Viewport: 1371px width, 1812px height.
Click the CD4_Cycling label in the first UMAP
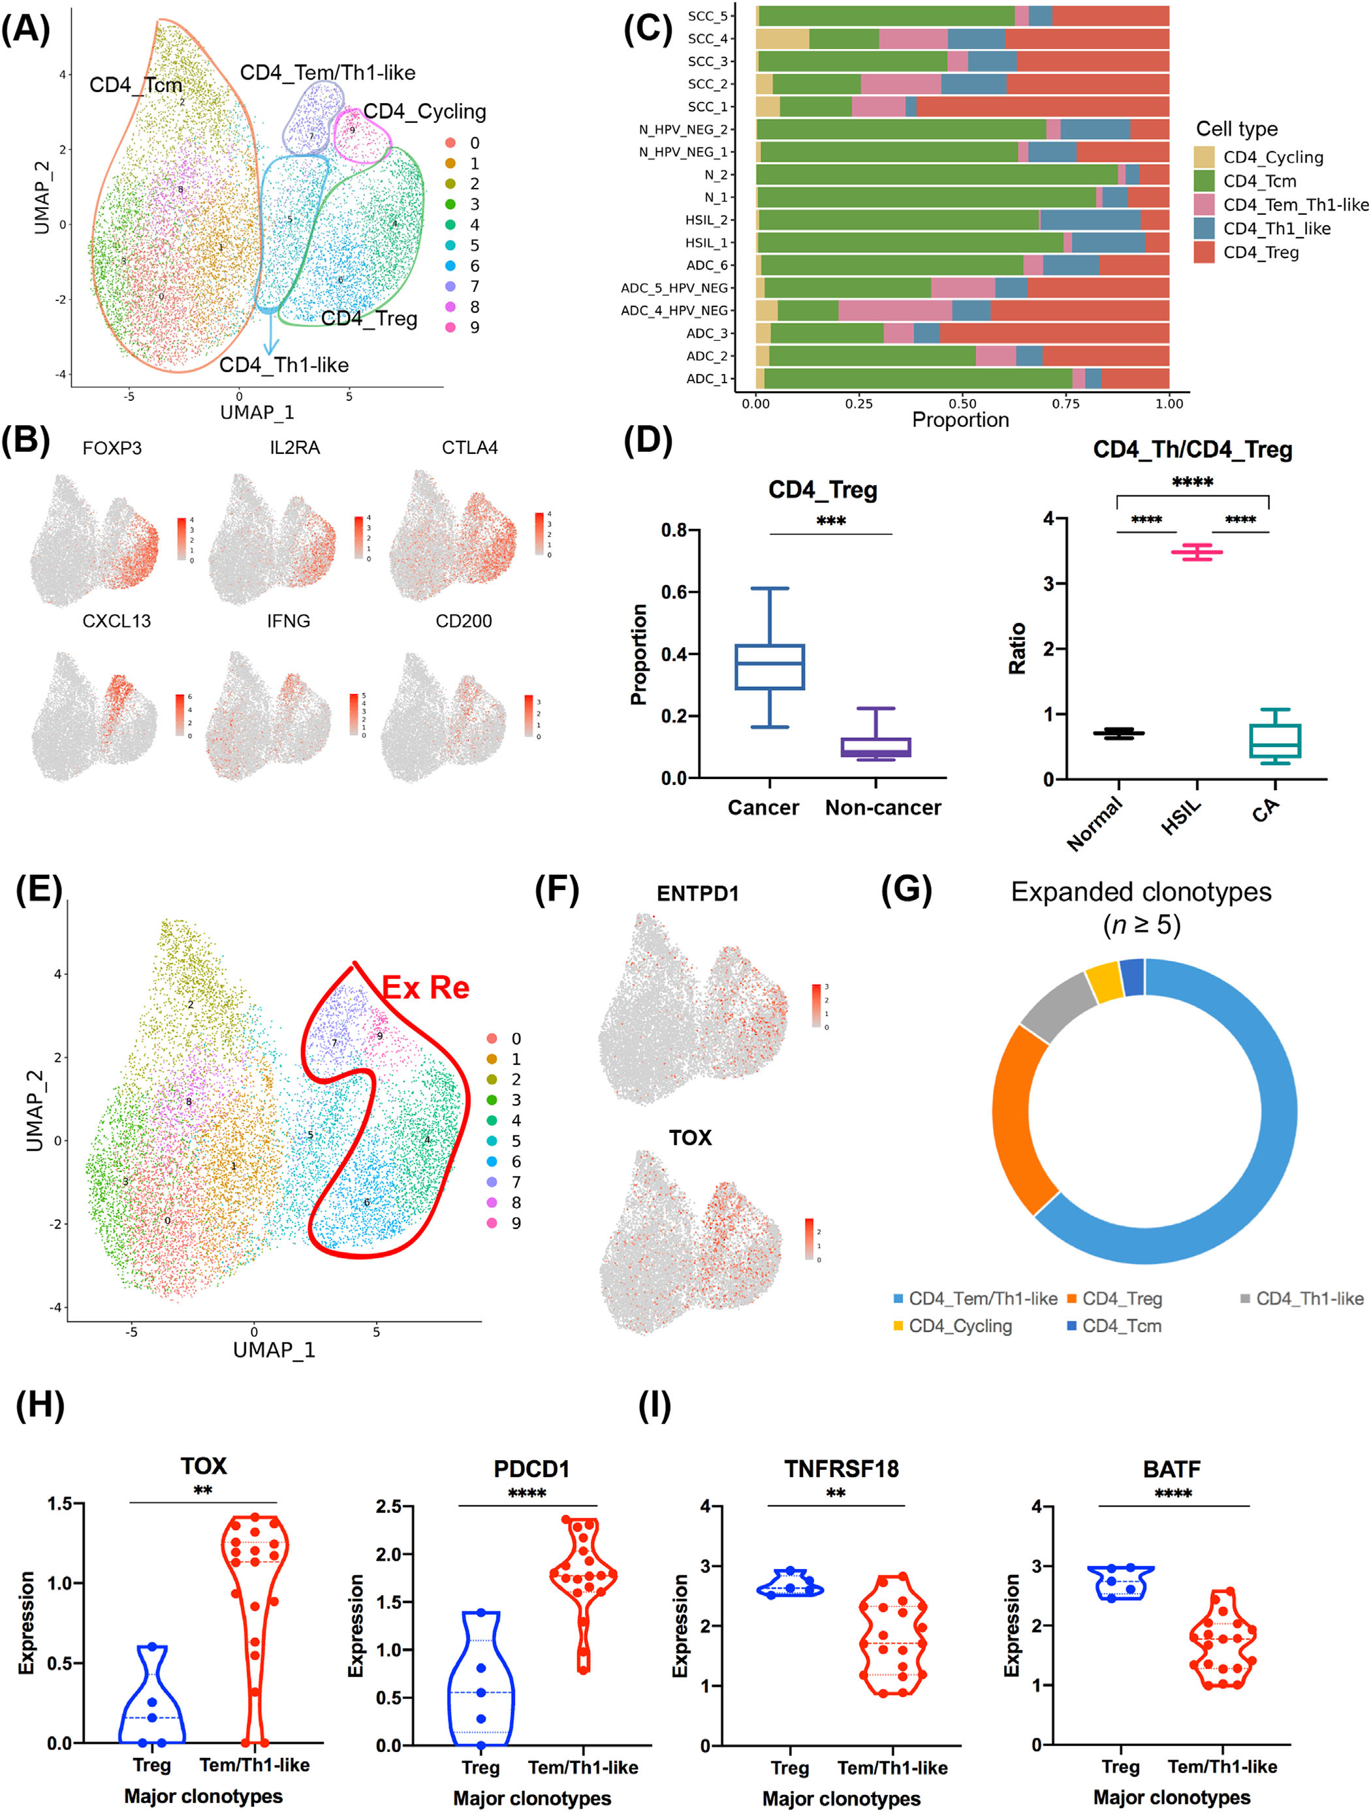tap(424, 112)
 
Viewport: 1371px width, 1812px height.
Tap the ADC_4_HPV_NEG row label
tap(674, 310)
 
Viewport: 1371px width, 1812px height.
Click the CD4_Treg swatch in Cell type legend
tap(1204, 252)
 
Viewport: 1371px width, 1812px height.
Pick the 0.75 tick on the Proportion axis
tap(1065, 403)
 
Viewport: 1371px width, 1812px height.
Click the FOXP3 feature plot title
tap(112, 448)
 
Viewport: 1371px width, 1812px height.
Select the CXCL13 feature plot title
tap(116, 621)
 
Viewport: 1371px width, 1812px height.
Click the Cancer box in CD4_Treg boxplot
tap(769, 667)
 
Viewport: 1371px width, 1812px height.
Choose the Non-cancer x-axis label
tap(883, 808)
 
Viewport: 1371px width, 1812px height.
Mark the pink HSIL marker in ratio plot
tap(1197, 552)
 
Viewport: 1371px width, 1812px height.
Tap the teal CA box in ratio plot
tap(1275, 740)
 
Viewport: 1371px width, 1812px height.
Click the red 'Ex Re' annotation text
tap(426, 988)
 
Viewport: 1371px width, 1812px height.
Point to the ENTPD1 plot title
tap(698, 894)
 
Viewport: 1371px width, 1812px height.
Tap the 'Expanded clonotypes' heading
tap(1141, 892)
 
